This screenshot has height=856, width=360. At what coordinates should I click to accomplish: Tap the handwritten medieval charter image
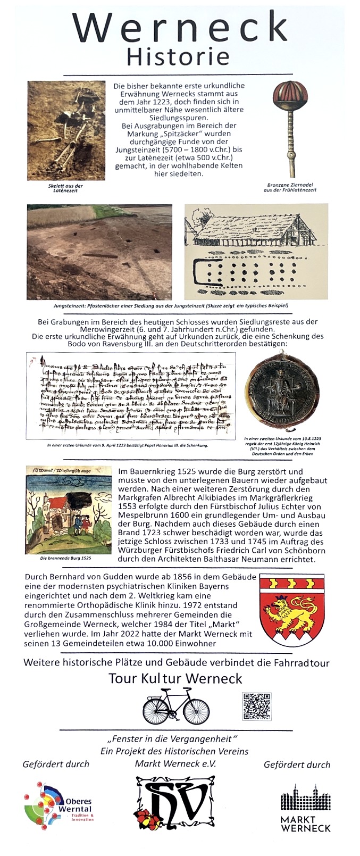point(130,395)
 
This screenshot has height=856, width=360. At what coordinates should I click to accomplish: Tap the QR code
point(256,707)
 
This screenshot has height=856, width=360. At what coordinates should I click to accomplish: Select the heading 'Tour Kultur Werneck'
point(175,678)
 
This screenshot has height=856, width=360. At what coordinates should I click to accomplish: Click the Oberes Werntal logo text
point(78,805)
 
